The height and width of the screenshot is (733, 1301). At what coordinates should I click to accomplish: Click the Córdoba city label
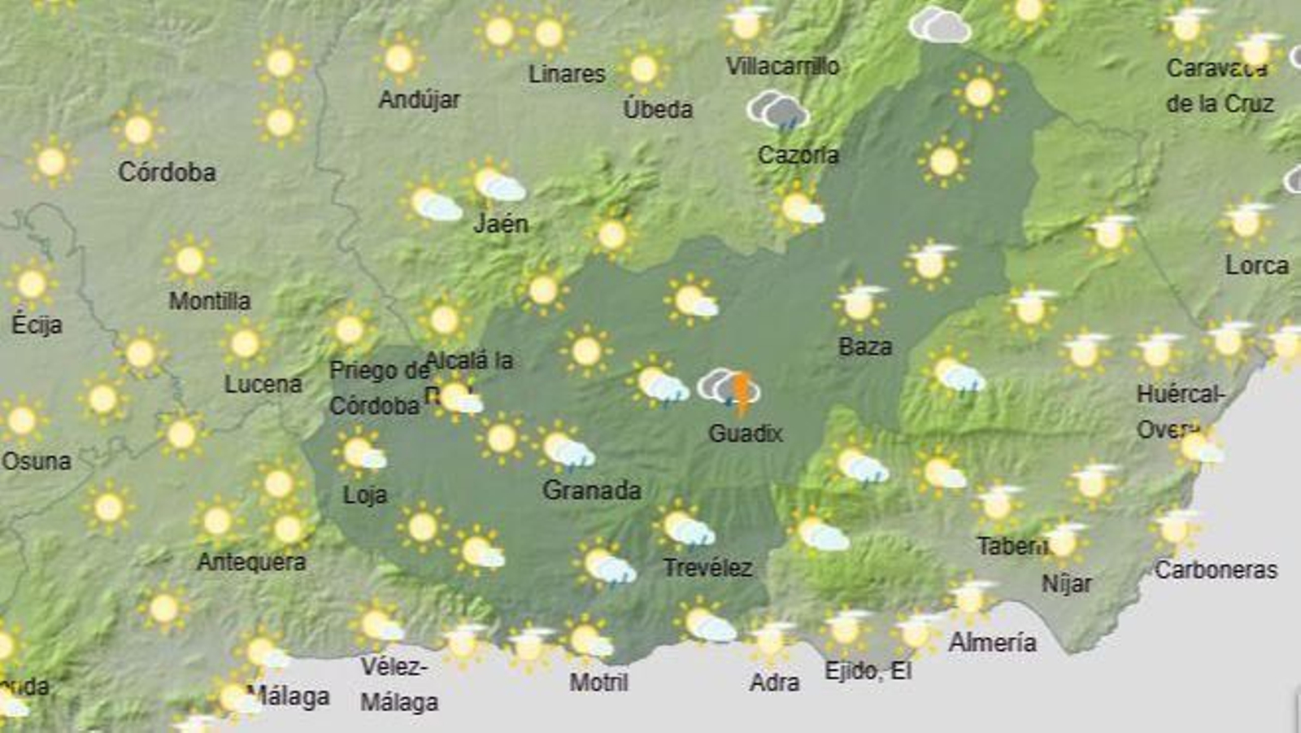[x=167, y=172]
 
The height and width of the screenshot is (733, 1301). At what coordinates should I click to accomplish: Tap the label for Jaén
[x=501, y=223]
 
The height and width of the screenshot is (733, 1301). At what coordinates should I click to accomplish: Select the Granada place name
[x=591, y=490]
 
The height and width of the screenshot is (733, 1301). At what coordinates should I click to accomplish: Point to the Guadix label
[x=745, y=433]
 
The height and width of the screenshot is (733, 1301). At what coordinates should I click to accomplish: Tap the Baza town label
[x=865, y=347]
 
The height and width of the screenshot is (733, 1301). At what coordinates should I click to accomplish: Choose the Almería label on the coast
[x=992, y=643]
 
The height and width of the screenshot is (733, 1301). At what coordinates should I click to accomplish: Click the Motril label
[x=598, y=682]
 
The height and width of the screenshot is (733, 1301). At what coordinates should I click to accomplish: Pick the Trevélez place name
[x=707, y=567]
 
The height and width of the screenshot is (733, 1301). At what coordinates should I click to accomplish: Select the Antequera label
[x=251, y=561]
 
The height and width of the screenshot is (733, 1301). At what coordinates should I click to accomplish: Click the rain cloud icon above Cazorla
[x=778, y=111]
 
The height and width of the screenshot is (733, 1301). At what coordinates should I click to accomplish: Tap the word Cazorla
[x=798, y=155]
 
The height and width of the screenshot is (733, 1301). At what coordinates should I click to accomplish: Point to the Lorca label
[x=1256, y=265]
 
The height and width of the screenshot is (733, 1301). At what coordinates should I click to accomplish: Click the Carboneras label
[x=1216, y=569]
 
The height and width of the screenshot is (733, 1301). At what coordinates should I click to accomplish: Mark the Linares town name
[x=567, y=74]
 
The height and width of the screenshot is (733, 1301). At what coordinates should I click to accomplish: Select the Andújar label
[x=419, y=99]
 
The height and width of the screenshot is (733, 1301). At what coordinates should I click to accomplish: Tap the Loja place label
[x=364, y=495]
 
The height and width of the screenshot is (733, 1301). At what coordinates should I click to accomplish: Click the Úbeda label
[x=658, y=109]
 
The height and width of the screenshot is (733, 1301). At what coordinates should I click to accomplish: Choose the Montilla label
[x=210, y=301]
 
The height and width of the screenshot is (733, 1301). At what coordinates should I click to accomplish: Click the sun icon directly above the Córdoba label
[x=138, y=129]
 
